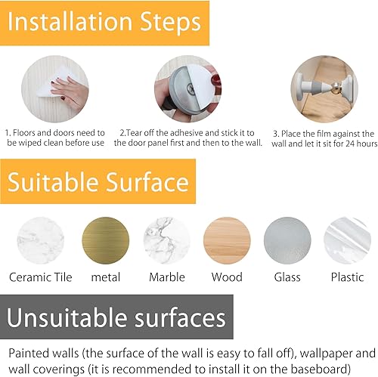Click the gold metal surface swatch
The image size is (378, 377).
tap(106, 240)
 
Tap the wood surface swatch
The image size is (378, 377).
tap(227, 240)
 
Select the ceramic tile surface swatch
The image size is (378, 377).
tap(40, 240)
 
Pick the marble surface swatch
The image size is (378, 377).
tap(167, 240)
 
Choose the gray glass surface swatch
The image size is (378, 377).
tap(287, 240)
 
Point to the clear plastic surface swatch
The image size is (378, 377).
tap(347, 240)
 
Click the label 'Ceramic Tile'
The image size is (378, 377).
tap(41, 277)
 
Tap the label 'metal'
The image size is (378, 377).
tap(106, 278)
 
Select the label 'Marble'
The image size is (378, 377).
tap(167, 277)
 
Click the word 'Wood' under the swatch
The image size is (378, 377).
tap(227, 277)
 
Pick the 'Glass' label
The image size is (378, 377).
tap(287, 277)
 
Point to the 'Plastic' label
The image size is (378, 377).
tap(347, 277)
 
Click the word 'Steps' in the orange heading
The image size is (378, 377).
tap(170, 23)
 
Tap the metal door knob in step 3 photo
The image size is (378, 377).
tap(337, 88)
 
